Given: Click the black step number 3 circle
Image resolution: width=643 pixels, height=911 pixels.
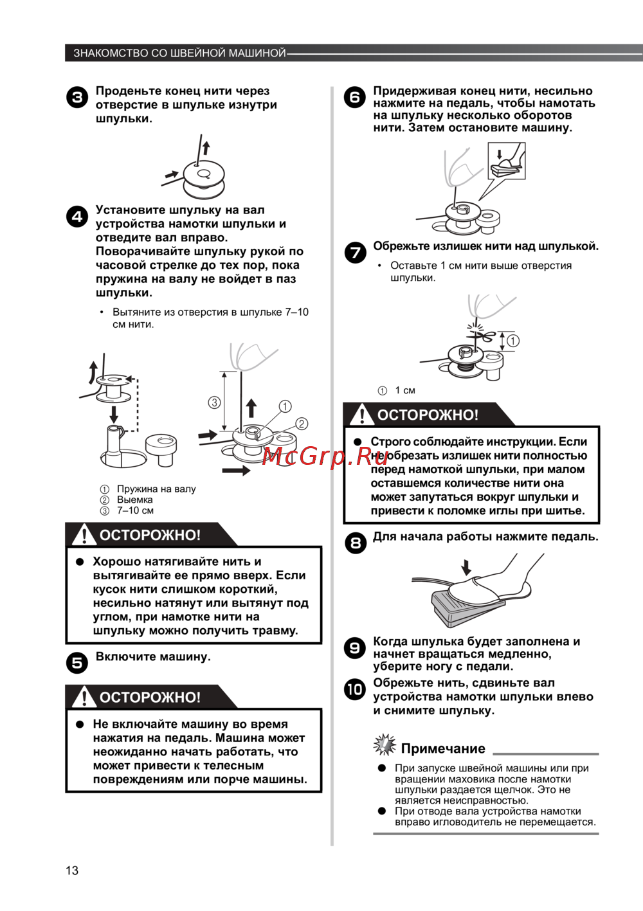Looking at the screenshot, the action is coord(77,98).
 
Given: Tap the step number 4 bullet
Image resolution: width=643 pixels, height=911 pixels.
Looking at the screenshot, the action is coord(77,217).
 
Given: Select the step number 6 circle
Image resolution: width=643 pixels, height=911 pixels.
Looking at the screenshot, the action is coord(355,98).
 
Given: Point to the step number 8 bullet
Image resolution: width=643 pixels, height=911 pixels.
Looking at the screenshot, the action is coord(355,543).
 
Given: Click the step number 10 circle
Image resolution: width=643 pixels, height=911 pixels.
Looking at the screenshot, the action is coord(355,689).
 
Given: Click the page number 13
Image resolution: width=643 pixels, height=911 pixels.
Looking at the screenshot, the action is coord(72,870).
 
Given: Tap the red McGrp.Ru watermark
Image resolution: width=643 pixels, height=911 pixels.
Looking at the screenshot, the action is coord(325,456).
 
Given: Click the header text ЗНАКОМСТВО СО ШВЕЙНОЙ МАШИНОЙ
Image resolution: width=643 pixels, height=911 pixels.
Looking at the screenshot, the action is coord(179,53).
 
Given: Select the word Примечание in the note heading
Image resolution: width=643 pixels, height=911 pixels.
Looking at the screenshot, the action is coord(443,748).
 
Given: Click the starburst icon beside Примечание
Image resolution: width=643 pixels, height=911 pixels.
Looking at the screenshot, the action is coord(385,745).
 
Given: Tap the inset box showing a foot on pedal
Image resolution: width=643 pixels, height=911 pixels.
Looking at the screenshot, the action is coord(506,161).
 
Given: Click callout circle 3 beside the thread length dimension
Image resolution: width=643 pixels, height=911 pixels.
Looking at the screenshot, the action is coord(214,402).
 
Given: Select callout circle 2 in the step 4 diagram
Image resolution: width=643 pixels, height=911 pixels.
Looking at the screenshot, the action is coord(302,424).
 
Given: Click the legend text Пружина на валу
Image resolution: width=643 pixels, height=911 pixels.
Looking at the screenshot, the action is coord(156,489).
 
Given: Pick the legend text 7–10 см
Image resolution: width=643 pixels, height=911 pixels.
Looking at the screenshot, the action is coord(135,510).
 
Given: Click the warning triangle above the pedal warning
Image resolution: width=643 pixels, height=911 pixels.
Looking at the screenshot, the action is coord(84,697).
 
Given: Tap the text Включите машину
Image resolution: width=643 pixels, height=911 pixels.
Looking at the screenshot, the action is coord(153,656).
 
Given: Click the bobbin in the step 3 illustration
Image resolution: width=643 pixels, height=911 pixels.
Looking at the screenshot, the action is coord(203,179).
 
